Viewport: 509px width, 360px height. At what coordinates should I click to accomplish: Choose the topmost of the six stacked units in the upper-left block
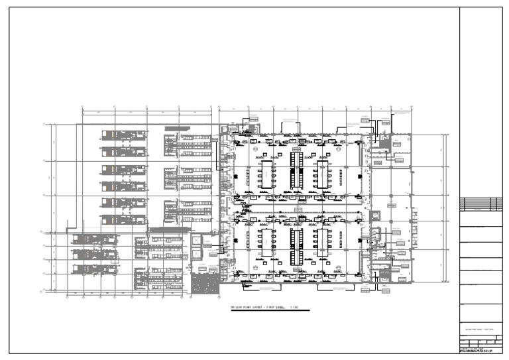pyautogui.click(x=123, y=135)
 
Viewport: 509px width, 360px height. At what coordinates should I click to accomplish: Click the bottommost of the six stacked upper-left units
pyautogui.click(x=123, y=219)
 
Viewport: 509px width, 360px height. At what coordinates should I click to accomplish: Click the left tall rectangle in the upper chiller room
pyautogui.click(x=266, y=173)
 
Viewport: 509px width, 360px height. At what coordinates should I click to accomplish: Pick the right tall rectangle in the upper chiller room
pyautogui.click(x=323, y=173)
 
